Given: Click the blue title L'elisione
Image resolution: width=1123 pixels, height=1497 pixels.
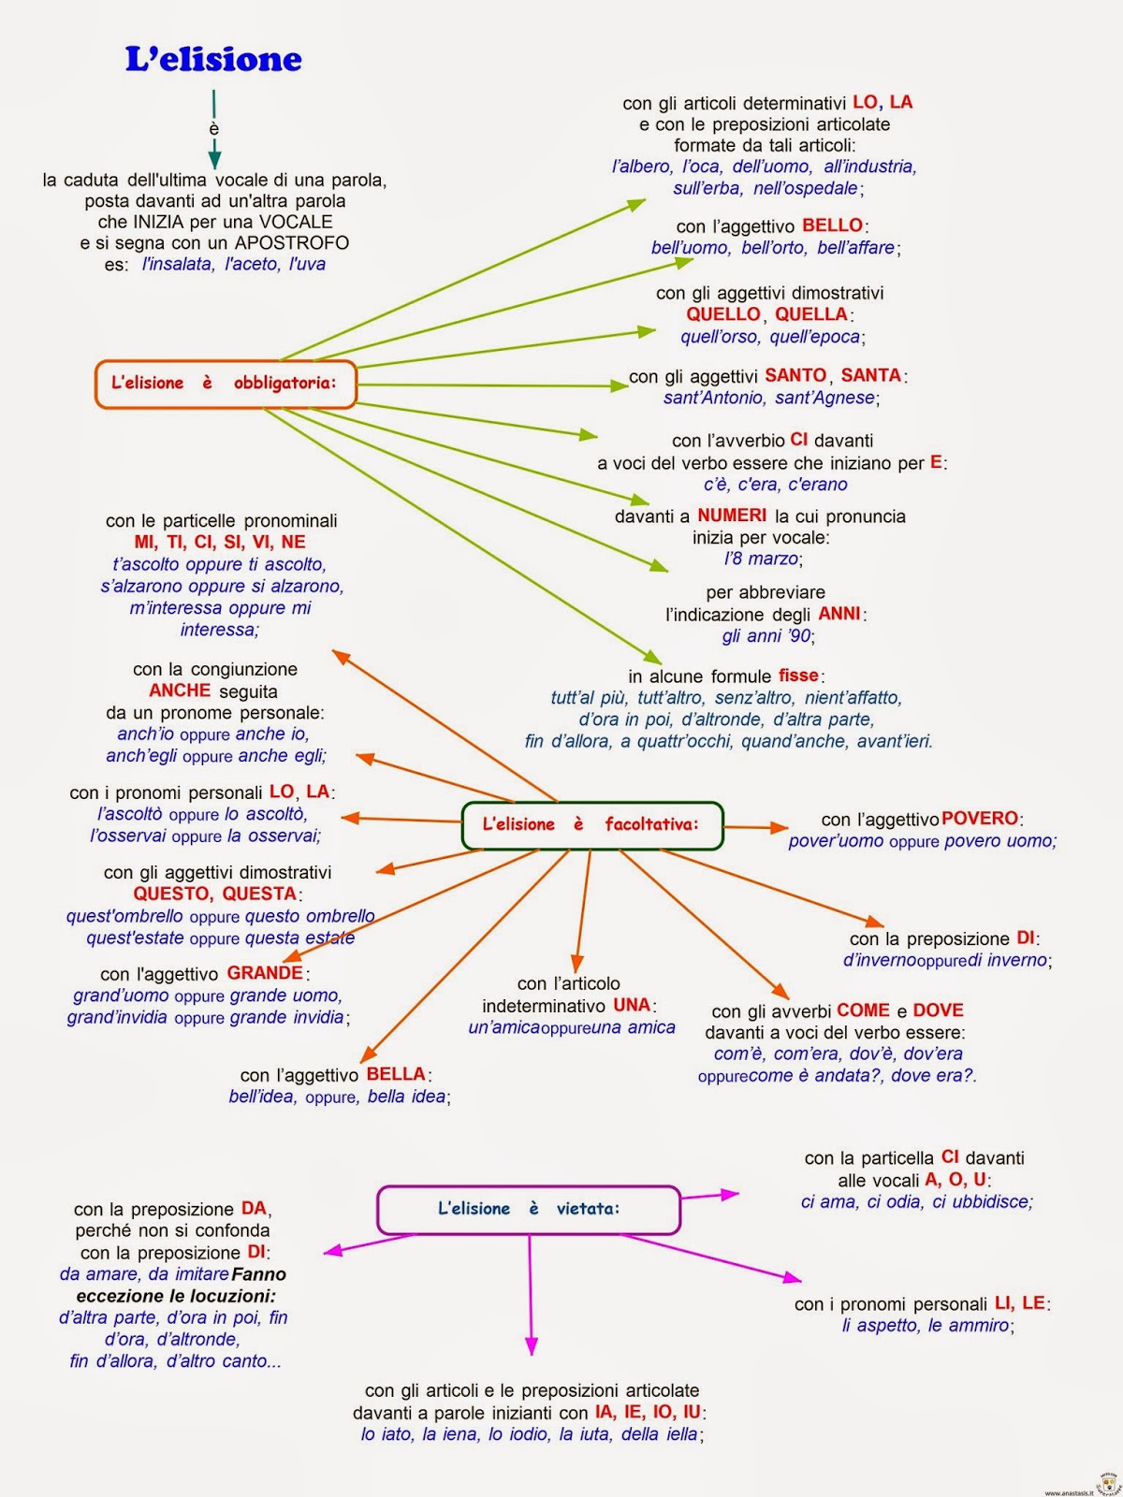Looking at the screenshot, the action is click(x=213, y=60).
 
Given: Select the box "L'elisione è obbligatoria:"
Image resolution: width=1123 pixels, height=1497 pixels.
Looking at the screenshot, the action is click(x=226, y=384).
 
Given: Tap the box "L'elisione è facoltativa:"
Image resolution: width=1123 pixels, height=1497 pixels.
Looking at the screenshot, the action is click(x=591, y=825).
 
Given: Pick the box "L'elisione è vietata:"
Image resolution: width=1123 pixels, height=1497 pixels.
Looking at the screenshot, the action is click(x=528, y=1209).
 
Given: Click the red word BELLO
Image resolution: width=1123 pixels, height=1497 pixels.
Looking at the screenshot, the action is click(x=832, y=225).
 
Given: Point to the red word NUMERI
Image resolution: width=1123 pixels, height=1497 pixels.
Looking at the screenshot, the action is click(x=732, y=516).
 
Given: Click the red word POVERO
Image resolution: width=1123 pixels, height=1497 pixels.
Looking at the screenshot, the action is click(x=980, y=819).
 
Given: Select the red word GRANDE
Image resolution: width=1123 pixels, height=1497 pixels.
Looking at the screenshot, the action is click(x=265, y=973).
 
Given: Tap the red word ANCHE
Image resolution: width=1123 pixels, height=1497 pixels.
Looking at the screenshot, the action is click(x=180, y=690).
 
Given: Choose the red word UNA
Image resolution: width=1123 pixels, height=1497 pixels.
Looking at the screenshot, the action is click(x=632, y=1005).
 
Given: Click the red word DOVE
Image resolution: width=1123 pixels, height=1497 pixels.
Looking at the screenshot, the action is click(x=938, y=1010).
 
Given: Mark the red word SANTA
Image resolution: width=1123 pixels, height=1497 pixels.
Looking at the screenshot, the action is click(x=870, y=375).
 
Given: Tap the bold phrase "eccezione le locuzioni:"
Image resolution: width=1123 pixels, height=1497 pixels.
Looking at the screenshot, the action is click(x=176, y=1296).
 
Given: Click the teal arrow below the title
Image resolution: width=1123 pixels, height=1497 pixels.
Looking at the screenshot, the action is click(x=214, y=131).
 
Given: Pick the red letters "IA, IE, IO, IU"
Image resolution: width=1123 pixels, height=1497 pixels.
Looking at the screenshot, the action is click(x=648, y=1412).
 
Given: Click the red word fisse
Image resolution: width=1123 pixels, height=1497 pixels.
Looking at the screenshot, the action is click(x=798, y=676).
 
